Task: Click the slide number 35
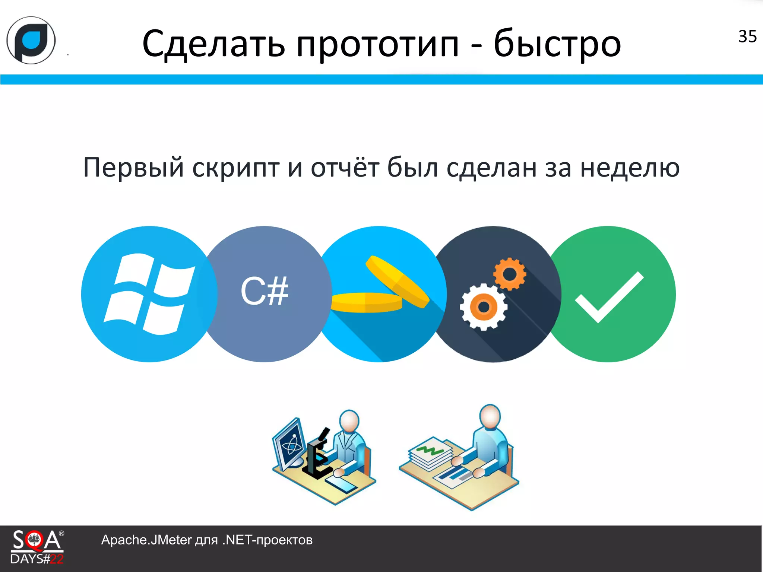point(747,36)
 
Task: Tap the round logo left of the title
point(31,40)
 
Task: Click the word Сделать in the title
point(213,44)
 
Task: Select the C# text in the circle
point(264,292)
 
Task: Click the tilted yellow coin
point(397,281)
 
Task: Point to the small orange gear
point(510,274)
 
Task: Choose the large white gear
point(484,307)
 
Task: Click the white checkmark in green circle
point(610,296)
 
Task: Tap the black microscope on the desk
point(317,455)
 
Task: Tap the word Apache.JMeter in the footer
point(146,540)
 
